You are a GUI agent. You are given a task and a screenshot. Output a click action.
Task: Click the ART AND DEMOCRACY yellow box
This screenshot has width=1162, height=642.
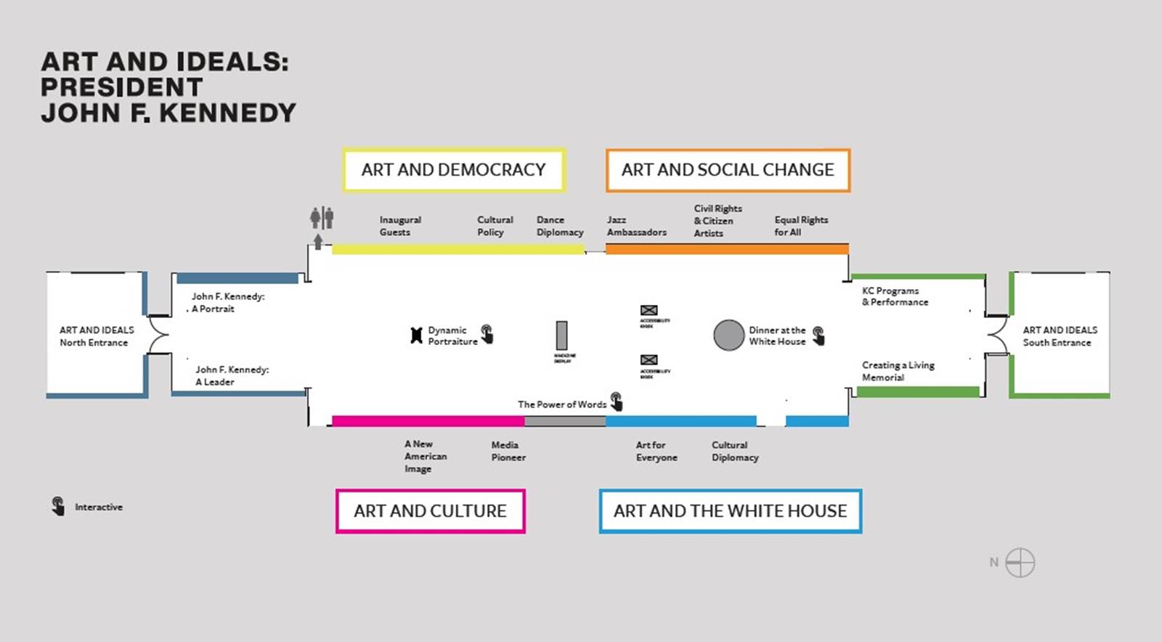pos(454,170)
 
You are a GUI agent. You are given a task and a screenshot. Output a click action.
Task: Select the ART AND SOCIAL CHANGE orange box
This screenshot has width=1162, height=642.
pos(728,170)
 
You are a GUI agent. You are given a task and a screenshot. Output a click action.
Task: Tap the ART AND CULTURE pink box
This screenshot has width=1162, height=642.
pos(430,511)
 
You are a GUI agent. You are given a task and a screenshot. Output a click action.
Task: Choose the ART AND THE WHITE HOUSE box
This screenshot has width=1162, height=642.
pos(730,511)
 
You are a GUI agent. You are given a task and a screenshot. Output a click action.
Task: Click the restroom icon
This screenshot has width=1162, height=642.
pos(322,217)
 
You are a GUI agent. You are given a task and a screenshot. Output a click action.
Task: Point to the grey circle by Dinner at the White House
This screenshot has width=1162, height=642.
pos(728,335)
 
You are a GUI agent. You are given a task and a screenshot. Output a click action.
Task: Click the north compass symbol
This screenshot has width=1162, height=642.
pos(1020,562)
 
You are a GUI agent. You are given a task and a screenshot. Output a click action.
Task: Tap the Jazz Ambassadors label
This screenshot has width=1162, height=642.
pos(636,226)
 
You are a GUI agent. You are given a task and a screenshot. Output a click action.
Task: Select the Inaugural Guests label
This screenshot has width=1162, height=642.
pos(399,226)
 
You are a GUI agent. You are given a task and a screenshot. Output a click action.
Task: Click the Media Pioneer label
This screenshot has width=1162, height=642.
pos(508,451)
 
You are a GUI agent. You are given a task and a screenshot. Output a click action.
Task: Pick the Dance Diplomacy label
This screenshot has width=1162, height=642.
pos(560,226)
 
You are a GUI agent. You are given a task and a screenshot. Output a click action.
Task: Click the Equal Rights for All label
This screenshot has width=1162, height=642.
pos(800,226)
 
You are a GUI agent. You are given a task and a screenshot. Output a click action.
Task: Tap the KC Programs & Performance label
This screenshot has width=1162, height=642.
pos(895,296)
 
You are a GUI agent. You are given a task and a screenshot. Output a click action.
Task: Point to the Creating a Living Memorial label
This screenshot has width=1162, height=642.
pos(898,371)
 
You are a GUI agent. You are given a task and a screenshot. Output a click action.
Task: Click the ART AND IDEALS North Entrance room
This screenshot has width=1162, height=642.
pos(97,336)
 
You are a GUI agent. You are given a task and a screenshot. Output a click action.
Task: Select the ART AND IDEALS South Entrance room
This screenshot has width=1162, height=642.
pos(1060,336)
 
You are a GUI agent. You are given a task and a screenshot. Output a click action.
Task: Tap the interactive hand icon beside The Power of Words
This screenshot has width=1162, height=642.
pos(617,401)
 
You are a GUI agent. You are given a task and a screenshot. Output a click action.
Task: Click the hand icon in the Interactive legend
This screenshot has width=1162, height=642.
pos(58,505)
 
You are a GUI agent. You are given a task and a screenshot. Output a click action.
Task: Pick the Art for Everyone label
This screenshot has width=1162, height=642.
pos(657,451)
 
